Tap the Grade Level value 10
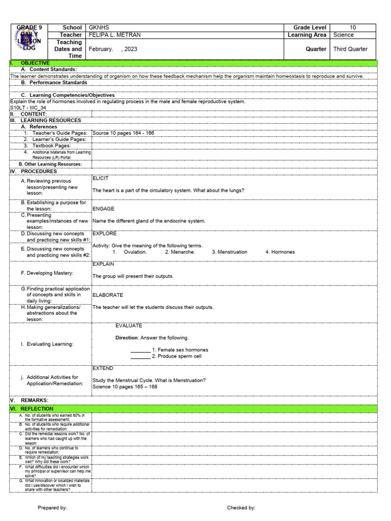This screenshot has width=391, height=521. (353, 27)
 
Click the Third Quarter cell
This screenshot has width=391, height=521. (350, 49)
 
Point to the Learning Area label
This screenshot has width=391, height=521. (307, 35)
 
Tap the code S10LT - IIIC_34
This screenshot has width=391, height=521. (28, 108)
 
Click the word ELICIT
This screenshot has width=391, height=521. (100, 179)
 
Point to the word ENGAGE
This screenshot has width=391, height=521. (103, 209)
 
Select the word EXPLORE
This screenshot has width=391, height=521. (104, 234)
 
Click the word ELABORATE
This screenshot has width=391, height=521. (107, 295)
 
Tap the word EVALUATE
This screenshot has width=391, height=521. (129, 326)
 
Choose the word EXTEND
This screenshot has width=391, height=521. (103, 368)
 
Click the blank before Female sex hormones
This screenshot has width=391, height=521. (140, 350)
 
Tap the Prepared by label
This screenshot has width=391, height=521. (52, 508)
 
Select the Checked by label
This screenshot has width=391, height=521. (241, 508)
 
